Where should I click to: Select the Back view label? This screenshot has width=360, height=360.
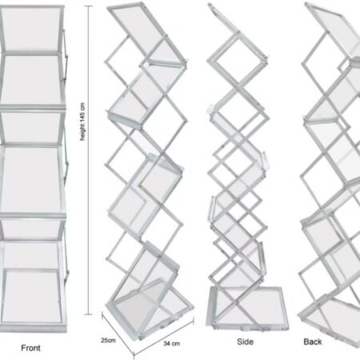[x=313, y=342]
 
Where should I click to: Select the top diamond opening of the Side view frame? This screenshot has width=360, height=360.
[x=232, y=60]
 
